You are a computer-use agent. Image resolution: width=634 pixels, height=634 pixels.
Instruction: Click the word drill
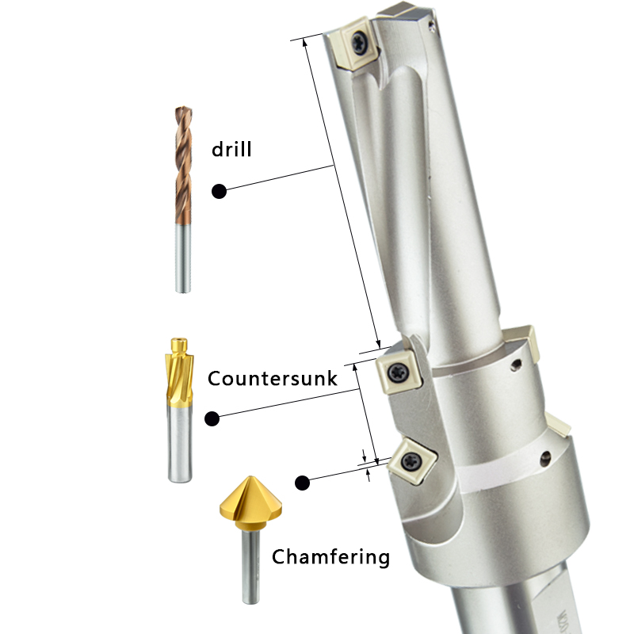coord(231,149)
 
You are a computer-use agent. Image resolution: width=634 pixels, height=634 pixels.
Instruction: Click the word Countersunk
coord(272,379)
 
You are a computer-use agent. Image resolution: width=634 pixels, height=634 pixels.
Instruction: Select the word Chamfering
coord(330,557)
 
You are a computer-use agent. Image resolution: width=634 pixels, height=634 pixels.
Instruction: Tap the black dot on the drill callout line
coord(220,191)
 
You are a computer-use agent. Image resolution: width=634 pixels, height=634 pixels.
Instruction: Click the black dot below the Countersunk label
coord(212,418)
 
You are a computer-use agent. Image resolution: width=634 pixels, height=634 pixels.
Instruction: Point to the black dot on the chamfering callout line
coord(302,483)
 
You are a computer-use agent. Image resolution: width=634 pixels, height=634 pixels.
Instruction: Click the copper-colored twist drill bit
coord(183,200)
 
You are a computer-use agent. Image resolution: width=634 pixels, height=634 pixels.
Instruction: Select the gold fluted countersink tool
coord(180,410)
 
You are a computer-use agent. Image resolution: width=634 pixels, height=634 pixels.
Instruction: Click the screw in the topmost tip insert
coord(360,43)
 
